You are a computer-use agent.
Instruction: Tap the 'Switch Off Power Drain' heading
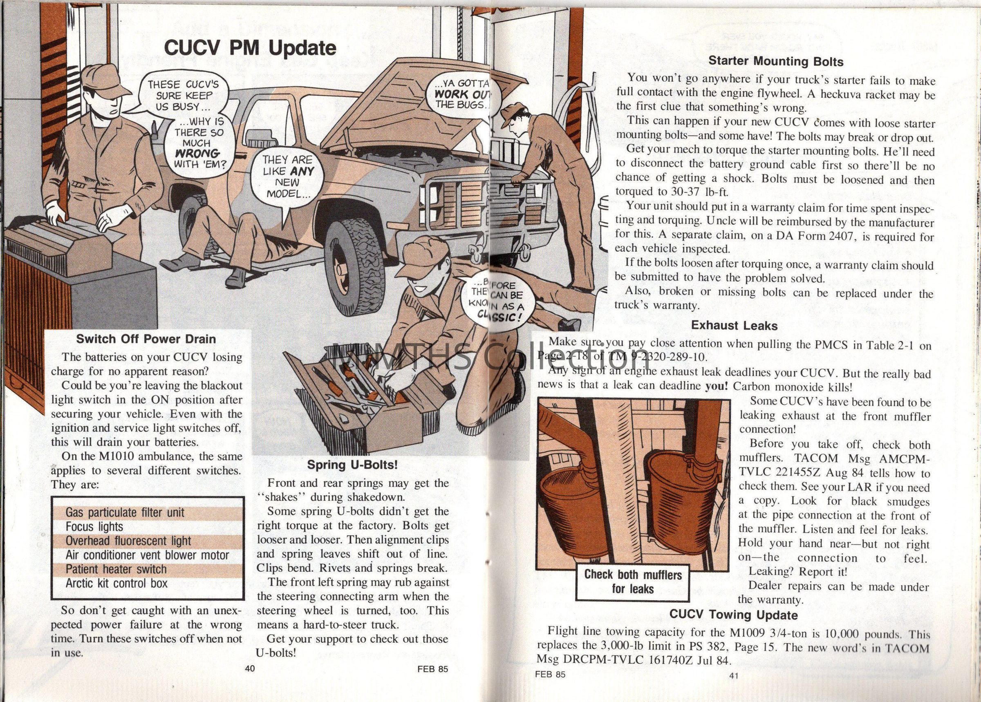146,339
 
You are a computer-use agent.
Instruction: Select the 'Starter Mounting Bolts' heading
776,61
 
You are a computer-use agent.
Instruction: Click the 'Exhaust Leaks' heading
734,326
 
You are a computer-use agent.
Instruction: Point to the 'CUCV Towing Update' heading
733,614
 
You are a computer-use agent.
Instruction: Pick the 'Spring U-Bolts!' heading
352,465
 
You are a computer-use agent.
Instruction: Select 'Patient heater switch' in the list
116,569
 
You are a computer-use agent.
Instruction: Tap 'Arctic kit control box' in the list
116,584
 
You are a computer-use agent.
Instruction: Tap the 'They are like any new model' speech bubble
288,176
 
